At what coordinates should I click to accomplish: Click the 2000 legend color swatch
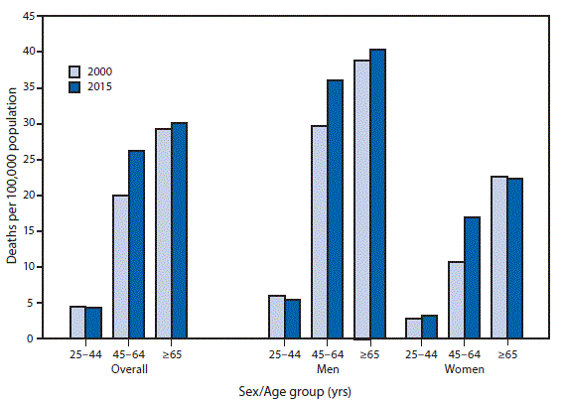(75, 71)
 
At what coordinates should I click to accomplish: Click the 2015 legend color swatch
(75, 87)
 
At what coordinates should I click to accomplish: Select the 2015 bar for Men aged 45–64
(336, 209)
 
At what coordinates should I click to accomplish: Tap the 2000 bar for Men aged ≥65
(362, 200)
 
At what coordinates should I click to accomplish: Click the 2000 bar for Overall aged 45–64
(120, 267)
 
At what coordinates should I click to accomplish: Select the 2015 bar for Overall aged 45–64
(136, 245)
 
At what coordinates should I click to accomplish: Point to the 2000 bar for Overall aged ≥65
(164, 234)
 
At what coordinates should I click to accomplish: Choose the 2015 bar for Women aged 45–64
(472, 278)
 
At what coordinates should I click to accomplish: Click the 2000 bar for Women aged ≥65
(499, 258)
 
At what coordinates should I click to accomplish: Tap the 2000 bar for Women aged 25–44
(412, 329)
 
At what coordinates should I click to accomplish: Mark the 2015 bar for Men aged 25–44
(292, 320)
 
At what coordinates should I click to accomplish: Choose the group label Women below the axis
(464, 369)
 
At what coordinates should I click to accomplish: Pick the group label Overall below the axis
(128, 369)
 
